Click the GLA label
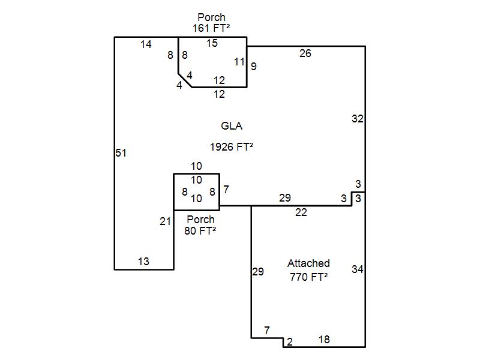232,126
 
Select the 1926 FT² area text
232,146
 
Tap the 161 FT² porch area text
211,28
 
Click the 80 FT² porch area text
200,230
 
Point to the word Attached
308,263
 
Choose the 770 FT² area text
308,277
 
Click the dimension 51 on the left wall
121,153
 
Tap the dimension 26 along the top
305,53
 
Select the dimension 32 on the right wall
358,119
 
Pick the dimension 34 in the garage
358,269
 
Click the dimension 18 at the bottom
324,340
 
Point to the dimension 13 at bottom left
143,262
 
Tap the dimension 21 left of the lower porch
166,221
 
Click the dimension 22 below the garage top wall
301,212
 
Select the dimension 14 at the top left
146,44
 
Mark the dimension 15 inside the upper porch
212,43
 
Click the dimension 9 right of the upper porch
254,67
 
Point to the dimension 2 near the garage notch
290,342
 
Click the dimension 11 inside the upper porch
239,62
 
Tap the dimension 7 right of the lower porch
226,190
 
